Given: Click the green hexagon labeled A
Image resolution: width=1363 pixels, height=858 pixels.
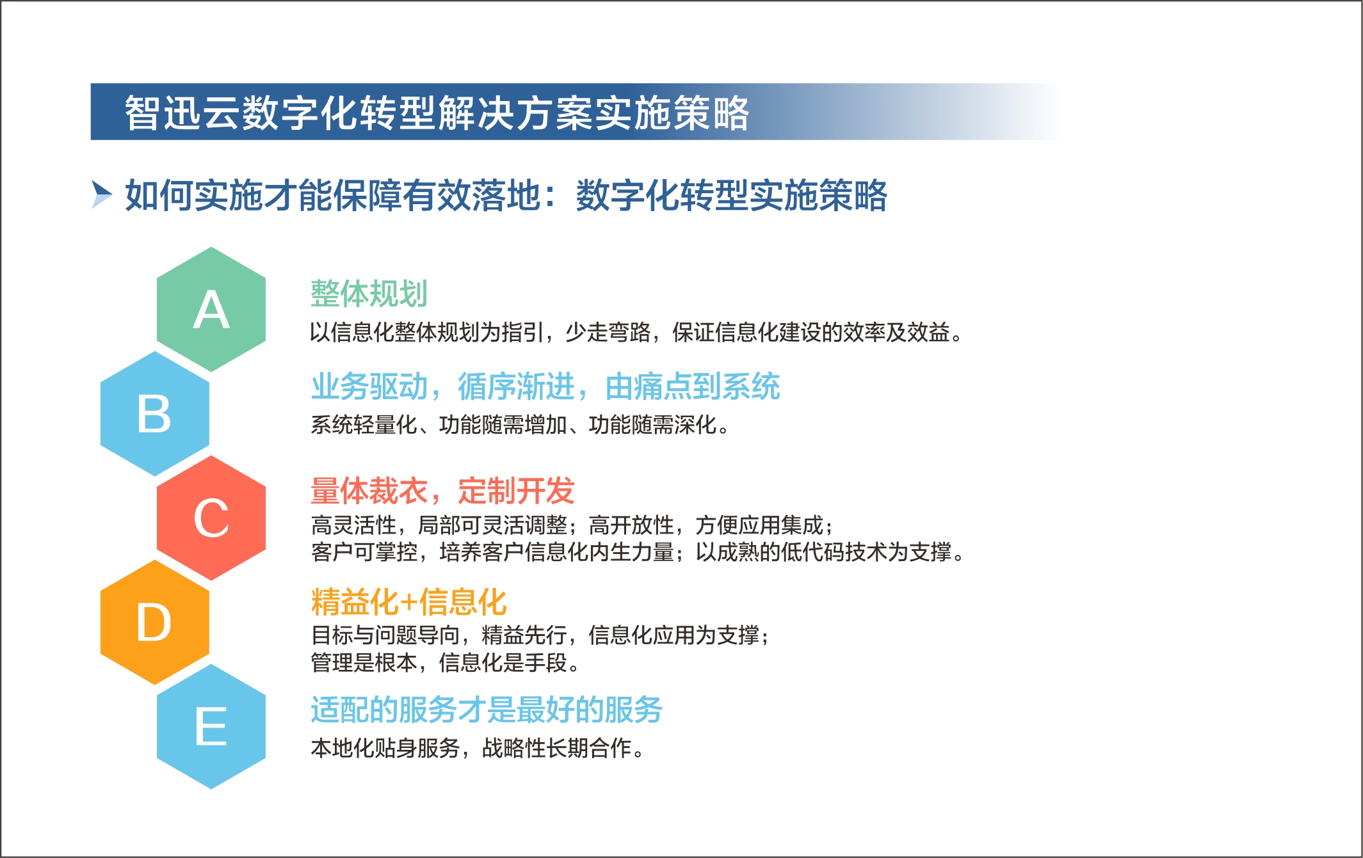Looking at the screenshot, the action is click(211, 310).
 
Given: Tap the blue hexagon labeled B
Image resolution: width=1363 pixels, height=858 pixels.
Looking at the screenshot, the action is click(155, 414).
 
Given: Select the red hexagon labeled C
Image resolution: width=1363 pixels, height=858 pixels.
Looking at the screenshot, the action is click(211, 518).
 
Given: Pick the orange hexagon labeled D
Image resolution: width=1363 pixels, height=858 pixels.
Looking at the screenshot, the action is click(155, 623).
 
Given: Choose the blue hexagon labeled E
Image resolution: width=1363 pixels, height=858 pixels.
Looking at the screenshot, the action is click(211, 727).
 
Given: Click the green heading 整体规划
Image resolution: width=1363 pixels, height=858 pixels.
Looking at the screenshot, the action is click(369, 294).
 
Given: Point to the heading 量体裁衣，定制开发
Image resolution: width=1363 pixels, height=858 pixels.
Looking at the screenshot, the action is click(442, 491).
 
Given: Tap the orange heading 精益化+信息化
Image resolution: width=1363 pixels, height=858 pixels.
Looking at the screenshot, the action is click(408, 602).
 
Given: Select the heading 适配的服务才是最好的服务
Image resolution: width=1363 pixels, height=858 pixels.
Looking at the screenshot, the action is click(487, 710).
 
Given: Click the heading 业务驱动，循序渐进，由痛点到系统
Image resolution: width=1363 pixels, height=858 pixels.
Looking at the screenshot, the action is click(545, 386).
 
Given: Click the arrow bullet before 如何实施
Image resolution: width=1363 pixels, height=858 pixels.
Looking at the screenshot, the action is click(102, 195).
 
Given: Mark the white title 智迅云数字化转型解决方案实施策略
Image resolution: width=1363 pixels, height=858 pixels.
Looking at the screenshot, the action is click(437, 113).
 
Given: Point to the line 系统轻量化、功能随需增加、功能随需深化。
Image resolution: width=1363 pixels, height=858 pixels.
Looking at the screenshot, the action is click(520, 425).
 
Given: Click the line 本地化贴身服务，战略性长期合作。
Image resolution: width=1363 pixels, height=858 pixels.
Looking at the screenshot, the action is click(478, 748).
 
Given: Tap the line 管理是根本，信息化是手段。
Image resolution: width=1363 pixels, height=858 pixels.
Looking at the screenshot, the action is click(446, 663).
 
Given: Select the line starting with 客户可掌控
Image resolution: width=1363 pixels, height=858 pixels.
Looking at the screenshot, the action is click(638, 552).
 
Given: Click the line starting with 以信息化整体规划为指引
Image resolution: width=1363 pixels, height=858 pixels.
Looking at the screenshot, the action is click(636, 333).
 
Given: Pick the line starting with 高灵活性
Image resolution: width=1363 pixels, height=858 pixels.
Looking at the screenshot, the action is click(572, 525).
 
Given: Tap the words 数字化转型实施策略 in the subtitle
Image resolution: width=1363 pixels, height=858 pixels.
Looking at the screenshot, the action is click(732, 195).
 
